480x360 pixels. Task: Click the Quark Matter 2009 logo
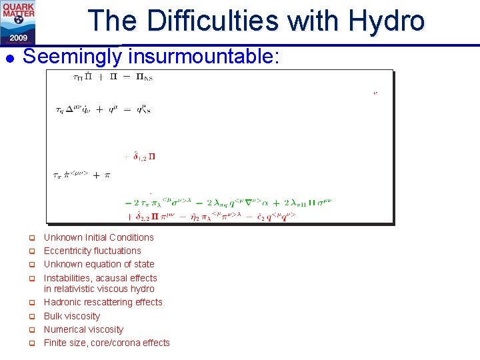[19, 22]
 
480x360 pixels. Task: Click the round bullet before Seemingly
[9, 59]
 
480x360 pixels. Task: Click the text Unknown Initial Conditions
[99, 237]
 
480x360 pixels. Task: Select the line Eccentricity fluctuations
[92, 251]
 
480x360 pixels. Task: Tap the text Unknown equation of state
[99, 264]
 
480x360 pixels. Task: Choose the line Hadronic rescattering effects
[103, 302]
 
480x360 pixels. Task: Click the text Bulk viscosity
[71, 316]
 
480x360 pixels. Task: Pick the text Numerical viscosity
[83, 329]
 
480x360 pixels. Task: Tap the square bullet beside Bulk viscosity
[30, 317]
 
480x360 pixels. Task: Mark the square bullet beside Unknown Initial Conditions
[30, 238]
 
